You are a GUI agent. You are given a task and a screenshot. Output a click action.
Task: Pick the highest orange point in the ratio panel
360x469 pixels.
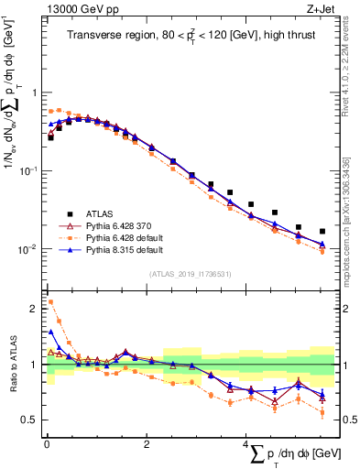[50, 301]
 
